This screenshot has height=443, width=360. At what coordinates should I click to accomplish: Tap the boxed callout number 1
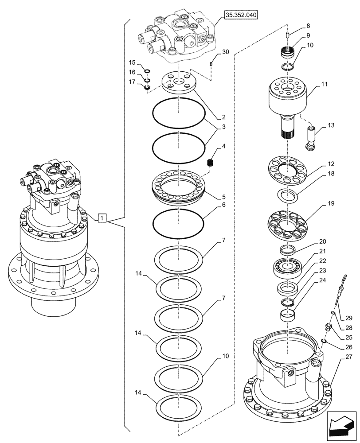click(x=102, y=218)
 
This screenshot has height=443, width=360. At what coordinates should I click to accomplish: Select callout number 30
click(x=226, y=52)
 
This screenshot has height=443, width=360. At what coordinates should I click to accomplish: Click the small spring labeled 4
click(x=211, y=163)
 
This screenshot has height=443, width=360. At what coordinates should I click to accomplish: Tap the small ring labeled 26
click(x=324, y=340)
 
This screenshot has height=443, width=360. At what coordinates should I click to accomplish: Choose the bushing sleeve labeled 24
click(x=288, y=316)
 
